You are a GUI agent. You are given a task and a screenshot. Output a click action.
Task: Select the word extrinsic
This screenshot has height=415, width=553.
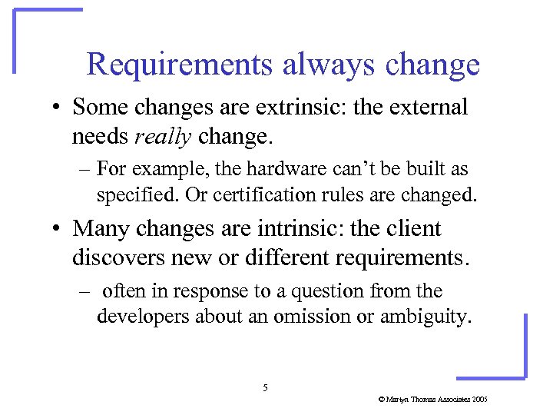click(310, 108)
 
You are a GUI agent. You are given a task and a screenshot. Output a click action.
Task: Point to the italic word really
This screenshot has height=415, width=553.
click(162, 136)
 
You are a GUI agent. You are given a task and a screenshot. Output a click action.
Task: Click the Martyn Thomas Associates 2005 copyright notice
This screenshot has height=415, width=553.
click(433, 400)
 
